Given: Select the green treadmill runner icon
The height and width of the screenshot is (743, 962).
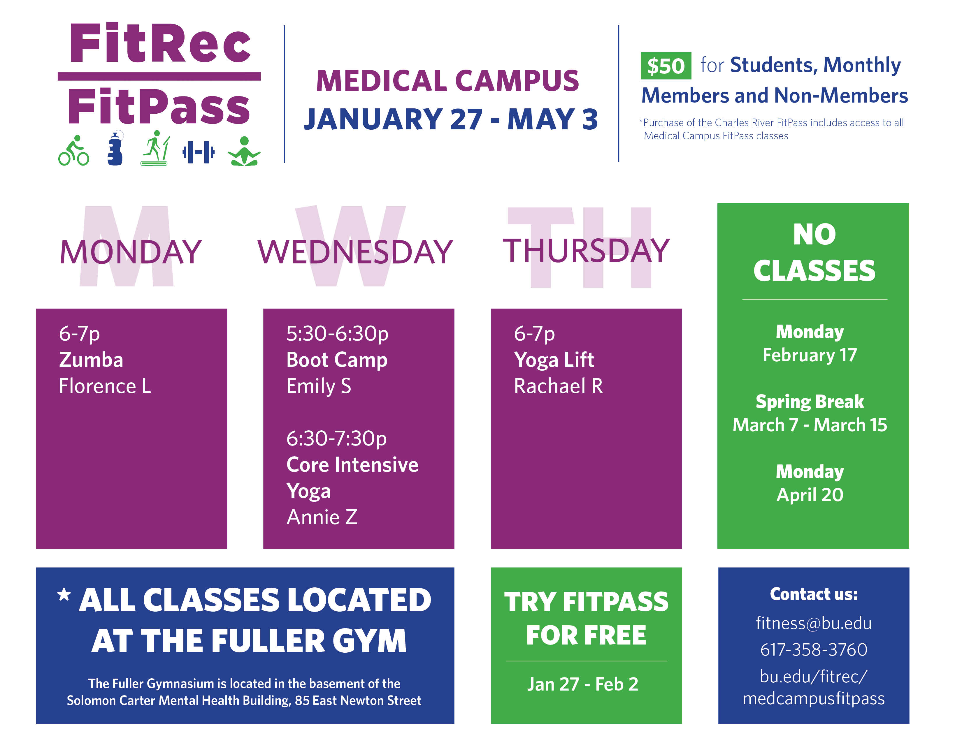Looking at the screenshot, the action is (x=155, y=148).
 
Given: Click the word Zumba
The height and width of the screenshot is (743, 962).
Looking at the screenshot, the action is (x=91, y=360).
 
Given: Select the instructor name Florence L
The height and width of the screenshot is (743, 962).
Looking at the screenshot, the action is (x=105, y=386).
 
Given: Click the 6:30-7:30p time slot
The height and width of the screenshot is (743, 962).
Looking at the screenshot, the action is (x=336, y=439).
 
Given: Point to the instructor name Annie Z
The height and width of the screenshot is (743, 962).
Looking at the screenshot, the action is (x=322, y=517).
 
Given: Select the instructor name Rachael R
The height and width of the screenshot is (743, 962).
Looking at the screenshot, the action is (x=558, y=386).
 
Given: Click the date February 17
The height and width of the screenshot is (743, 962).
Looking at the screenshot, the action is (x=810, y=355).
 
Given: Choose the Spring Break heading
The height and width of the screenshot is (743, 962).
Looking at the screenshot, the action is (x=810, y=402).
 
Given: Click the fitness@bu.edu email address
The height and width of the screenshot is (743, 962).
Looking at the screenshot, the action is (x=814, y=623).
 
